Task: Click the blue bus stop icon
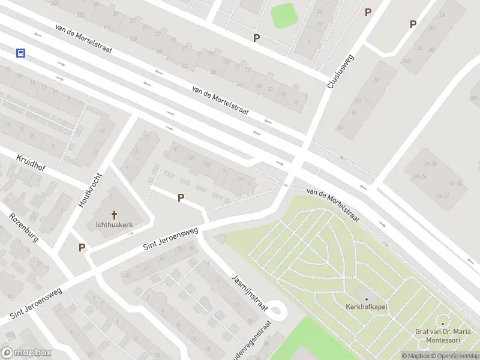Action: click(20, 53)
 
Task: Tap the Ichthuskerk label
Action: click(114, 226)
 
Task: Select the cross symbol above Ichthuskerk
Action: click(114, 215)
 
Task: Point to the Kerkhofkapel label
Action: click(366, 307)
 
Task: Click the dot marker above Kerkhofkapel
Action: click(366, 298)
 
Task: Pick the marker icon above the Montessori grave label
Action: click(443, 323)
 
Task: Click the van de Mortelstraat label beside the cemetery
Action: click(332, 203)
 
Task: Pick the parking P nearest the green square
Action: click(257, 38)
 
